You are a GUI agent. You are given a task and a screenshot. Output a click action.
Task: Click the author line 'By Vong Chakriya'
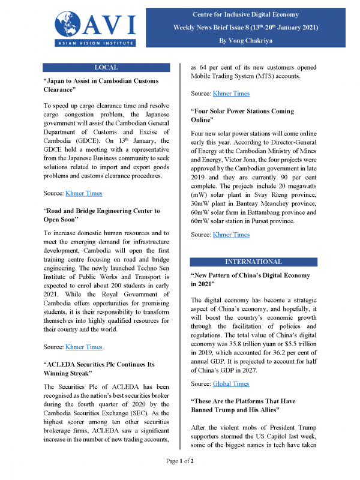[x=251, y=41]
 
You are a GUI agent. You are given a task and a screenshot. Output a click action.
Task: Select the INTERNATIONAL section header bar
[x=253, y=262]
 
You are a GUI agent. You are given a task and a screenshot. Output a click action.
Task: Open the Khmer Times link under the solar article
[x=232, y=235]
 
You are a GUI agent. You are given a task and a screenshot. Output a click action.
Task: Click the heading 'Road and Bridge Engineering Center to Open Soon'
[x=101, y=215]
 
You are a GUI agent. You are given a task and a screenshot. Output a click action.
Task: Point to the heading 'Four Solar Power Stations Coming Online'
[x=242, y=116]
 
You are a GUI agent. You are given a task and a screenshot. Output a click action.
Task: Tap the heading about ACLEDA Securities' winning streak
[x=99, y=369]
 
